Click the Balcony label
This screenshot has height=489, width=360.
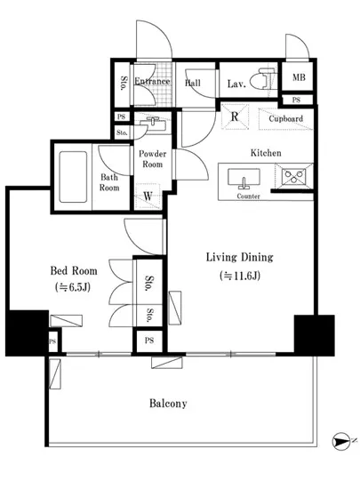168,404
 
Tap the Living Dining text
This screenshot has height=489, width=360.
240,257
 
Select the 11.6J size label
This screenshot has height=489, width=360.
240,276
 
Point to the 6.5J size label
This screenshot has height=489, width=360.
73,287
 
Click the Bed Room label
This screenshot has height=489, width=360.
74,270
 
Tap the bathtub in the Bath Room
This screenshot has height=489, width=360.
73,177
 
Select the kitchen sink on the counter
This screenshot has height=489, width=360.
244,179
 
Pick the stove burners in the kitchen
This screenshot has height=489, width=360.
293,177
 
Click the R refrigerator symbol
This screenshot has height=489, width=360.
235,116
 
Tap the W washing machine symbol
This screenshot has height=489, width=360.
148,196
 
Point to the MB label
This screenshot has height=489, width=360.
299,77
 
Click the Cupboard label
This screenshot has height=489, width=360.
286,118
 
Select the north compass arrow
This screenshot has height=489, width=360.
340,442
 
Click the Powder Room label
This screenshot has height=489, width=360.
152,159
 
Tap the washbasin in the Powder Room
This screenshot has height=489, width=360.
153,124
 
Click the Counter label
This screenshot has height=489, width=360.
248,196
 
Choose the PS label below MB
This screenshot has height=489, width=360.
296,100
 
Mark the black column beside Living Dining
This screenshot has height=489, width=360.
314,335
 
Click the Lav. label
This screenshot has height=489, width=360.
236,84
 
